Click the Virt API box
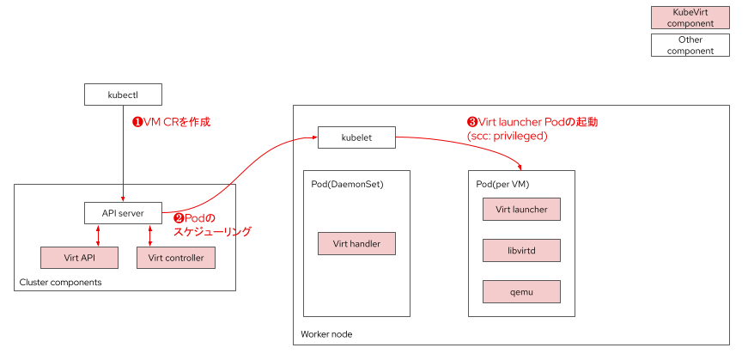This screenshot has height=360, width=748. tap(79, 258)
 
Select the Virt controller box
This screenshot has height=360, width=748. tap(175, 258)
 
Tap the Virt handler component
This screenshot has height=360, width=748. tap(356, 244)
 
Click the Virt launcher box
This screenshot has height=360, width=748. tap(521, 209)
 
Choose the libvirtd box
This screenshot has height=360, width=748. tap(521, 250)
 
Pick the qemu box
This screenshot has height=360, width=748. tap(521, 291)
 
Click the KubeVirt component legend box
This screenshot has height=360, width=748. tap(690, 18)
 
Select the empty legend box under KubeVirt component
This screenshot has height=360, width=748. tap(690, 45)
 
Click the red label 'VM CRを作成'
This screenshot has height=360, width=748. tap(176, 122)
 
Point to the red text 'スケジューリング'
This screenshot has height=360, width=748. tap(212, 232)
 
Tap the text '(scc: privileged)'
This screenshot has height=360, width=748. tap(507, 136)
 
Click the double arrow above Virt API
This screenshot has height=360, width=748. tap(99, 235)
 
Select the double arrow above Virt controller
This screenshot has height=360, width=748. tap(150, 235)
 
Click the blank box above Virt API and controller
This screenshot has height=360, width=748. tap(123, 213)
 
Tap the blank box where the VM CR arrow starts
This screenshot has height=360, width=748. tap(123, 95)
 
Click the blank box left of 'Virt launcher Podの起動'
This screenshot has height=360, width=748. tap(356, 137)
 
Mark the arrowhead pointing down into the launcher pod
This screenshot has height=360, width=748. tap(521, 168)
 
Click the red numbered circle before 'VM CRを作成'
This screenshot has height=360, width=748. tap(135, 122)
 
